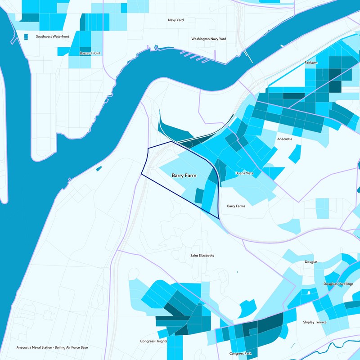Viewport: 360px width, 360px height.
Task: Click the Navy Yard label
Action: (x=175, y=20)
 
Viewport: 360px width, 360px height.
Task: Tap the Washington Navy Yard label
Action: (x=208, y=39)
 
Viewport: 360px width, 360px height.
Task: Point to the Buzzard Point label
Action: (x=90, y=53)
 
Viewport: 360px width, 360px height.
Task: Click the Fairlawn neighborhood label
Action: (x=311, y=63)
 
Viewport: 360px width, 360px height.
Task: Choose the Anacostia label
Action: (x=285, y=139)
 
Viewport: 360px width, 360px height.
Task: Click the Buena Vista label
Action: (x=245, y=173)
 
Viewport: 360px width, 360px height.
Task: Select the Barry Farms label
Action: (x=236, y=206)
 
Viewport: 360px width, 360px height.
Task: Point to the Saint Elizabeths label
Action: (x=202, y=256)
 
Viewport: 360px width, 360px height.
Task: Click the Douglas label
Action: (x=311, y=261)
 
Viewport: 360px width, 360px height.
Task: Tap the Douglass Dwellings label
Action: (x=338, y=284)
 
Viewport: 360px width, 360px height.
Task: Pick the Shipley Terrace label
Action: (x=315, y=322)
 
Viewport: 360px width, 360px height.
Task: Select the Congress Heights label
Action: (x=153, y=341)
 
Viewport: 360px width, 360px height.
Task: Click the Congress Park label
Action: (x=240, y=353)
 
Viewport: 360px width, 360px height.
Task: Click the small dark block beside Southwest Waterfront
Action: (x=25, y=36)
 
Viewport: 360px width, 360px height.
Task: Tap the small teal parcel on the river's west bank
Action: (x=99, y=169)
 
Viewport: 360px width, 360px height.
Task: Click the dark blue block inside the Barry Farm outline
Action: (x=198, y=195)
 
